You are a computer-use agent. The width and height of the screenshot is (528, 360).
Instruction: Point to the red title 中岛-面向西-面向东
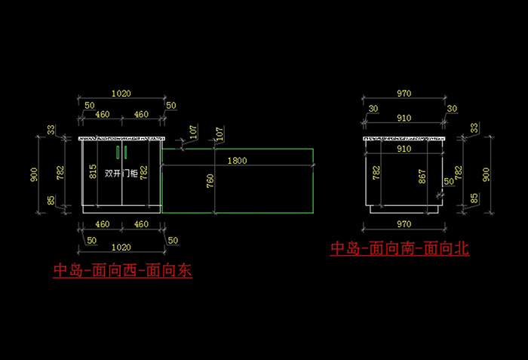pyautogui.click(x=122, y=270)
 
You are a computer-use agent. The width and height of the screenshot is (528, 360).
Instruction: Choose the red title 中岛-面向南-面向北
pyautogui.click(x=400, y=248)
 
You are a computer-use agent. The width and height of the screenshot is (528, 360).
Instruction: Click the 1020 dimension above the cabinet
pyautogui.click(x=121, y=94)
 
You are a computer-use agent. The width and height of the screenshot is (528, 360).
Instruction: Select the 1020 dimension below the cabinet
pyautogui.click(x=121, y=246)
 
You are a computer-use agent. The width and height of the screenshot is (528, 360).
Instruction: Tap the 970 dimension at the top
pyautogui.click(x=404, y=94)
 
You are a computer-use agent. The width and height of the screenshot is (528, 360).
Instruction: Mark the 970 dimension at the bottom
pyautogui.click(x=404, y=224)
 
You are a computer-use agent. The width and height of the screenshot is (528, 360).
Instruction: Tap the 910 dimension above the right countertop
pyautogui.click(x=404, y=118)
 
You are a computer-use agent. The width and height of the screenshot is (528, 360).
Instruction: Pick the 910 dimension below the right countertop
pyautogui.click(x=404, y=149)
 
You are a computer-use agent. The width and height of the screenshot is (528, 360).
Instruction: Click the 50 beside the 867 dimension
pyautogui.click(x=449, y=181)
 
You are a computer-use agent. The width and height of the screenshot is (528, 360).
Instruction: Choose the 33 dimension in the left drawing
pyautogui.click(x=51, y=131)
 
